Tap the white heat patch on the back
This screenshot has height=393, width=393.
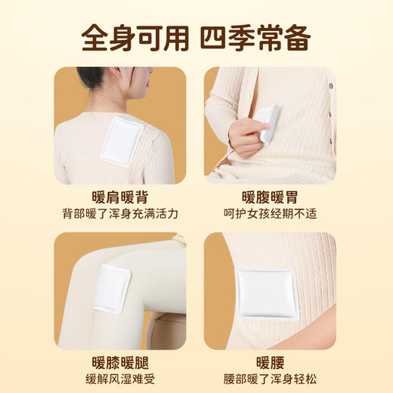point(122,142)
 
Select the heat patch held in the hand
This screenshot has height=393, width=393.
point(266,122)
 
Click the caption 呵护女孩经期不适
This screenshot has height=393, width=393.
point(270,214)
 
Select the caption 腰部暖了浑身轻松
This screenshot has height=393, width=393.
point(270,379)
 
